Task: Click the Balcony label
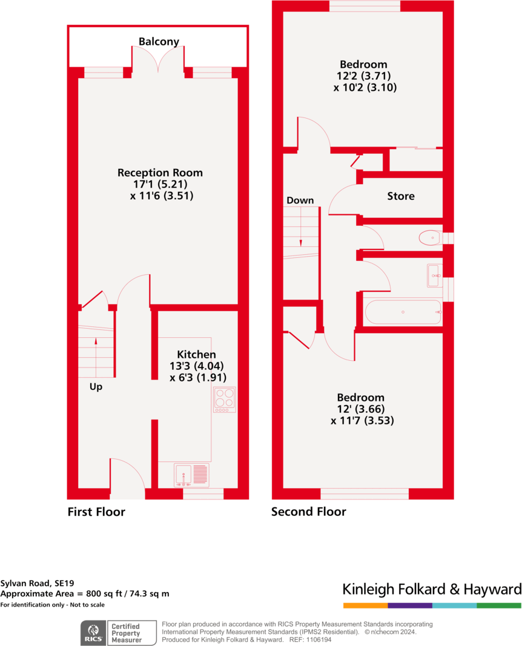pos(159,42)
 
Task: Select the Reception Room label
pos(160,173)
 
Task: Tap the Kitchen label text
pos(196,354)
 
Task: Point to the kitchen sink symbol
pos(191,475)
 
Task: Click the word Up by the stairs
pos(96,386)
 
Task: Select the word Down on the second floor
pos(300,200)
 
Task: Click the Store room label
pos(401,196)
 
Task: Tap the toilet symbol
pos(430,238)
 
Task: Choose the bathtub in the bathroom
pos(403,312)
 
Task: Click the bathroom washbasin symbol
pos(434,275)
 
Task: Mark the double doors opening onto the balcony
pos(157,64)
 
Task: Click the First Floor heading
pos(96,512)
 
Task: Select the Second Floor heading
pos(308,512)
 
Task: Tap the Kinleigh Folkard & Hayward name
pos(432,589)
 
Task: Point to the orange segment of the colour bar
pos(365,605)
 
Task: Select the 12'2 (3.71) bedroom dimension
pos(363,76)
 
